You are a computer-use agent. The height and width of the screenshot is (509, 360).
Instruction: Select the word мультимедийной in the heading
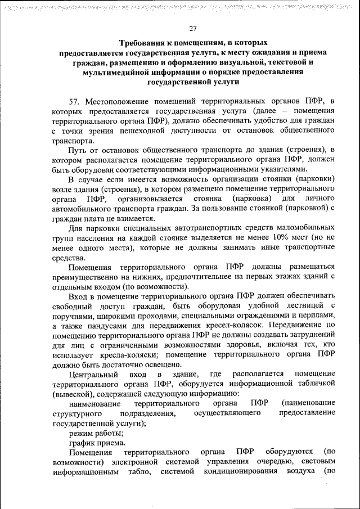pyautogui.click(x=120, y=72)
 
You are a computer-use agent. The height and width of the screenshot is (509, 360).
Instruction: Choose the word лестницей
pyautogui.click(x=299, y=305)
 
